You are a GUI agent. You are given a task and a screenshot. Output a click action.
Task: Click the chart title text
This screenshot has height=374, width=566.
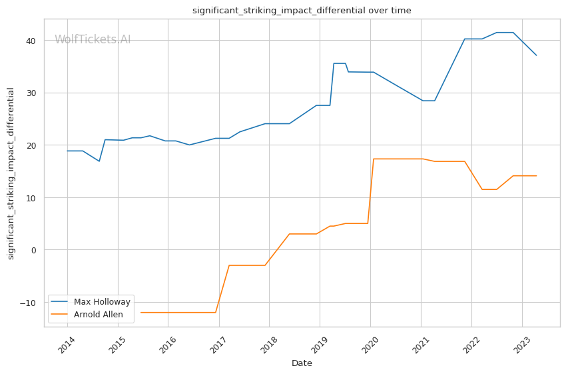click(302, 11)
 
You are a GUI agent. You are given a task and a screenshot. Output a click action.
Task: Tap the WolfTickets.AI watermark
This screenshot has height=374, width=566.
click(93, 40)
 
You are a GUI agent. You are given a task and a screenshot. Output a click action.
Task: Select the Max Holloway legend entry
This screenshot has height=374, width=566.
click(102, 301)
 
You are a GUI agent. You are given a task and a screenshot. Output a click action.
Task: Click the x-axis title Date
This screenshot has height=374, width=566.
click(302, 363)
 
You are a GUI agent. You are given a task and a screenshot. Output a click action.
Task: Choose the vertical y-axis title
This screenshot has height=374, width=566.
click(11, 173)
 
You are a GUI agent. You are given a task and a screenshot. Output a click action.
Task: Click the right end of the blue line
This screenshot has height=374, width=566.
click(537, 55)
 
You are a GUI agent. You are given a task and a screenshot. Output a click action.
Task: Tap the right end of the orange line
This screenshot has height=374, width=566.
click(537, 176)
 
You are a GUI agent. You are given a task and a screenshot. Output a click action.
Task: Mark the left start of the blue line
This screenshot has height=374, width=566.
click(67, 151)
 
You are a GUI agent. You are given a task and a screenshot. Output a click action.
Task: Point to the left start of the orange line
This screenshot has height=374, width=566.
click(141, 313)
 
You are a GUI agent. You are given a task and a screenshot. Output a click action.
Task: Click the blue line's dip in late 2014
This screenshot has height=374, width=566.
click(99, 161)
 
